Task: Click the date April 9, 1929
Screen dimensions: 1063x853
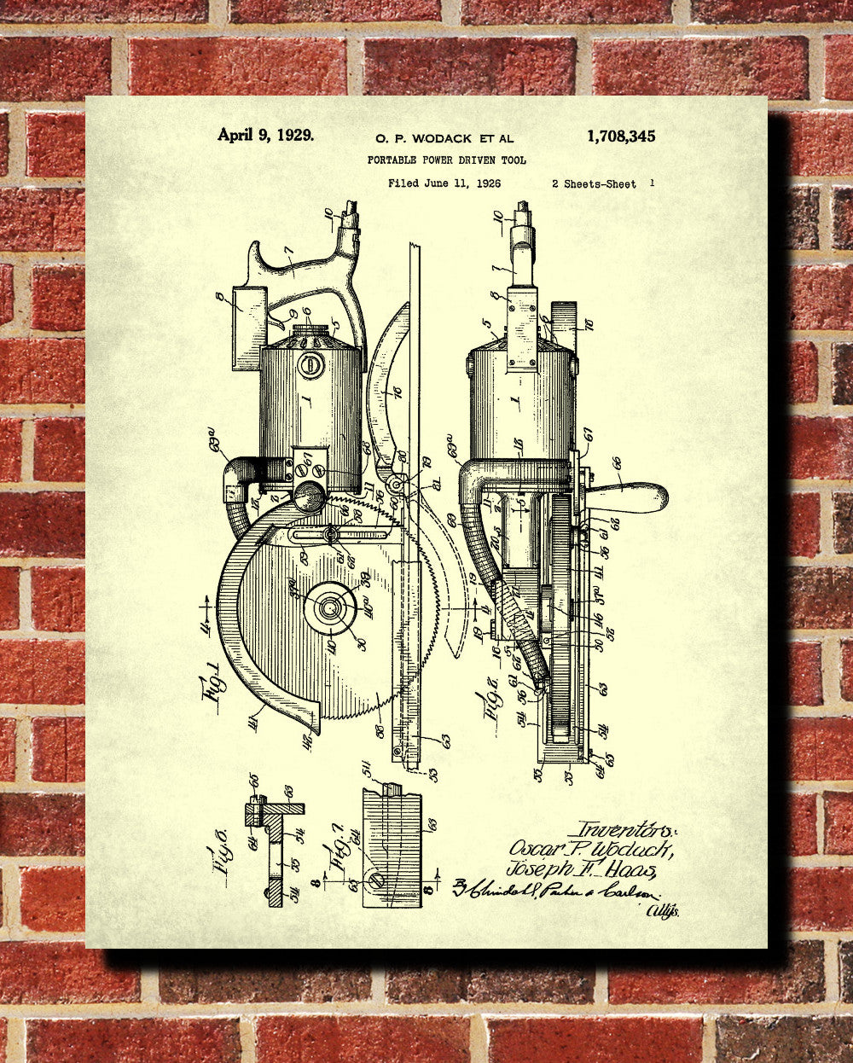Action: pyautogui.click(x=264, y=135)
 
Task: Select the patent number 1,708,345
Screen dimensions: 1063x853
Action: pyautogui.click(x=621, y=136)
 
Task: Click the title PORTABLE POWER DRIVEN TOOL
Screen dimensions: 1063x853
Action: pyautogui.click(x=446, y=160)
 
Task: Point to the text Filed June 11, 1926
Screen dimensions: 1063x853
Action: pyautogui.click(x=444, y=183)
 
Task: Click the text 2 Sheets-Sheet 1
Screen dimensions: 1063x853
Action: pyautogui.click(x=603, y=183)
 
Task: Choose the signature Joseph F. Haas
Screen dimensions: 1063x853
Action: pyautogui.click(x=582, y=869)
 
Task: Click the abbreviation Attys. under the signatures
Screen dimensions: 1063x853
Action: pyautogui.click(x=663, y=911)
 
